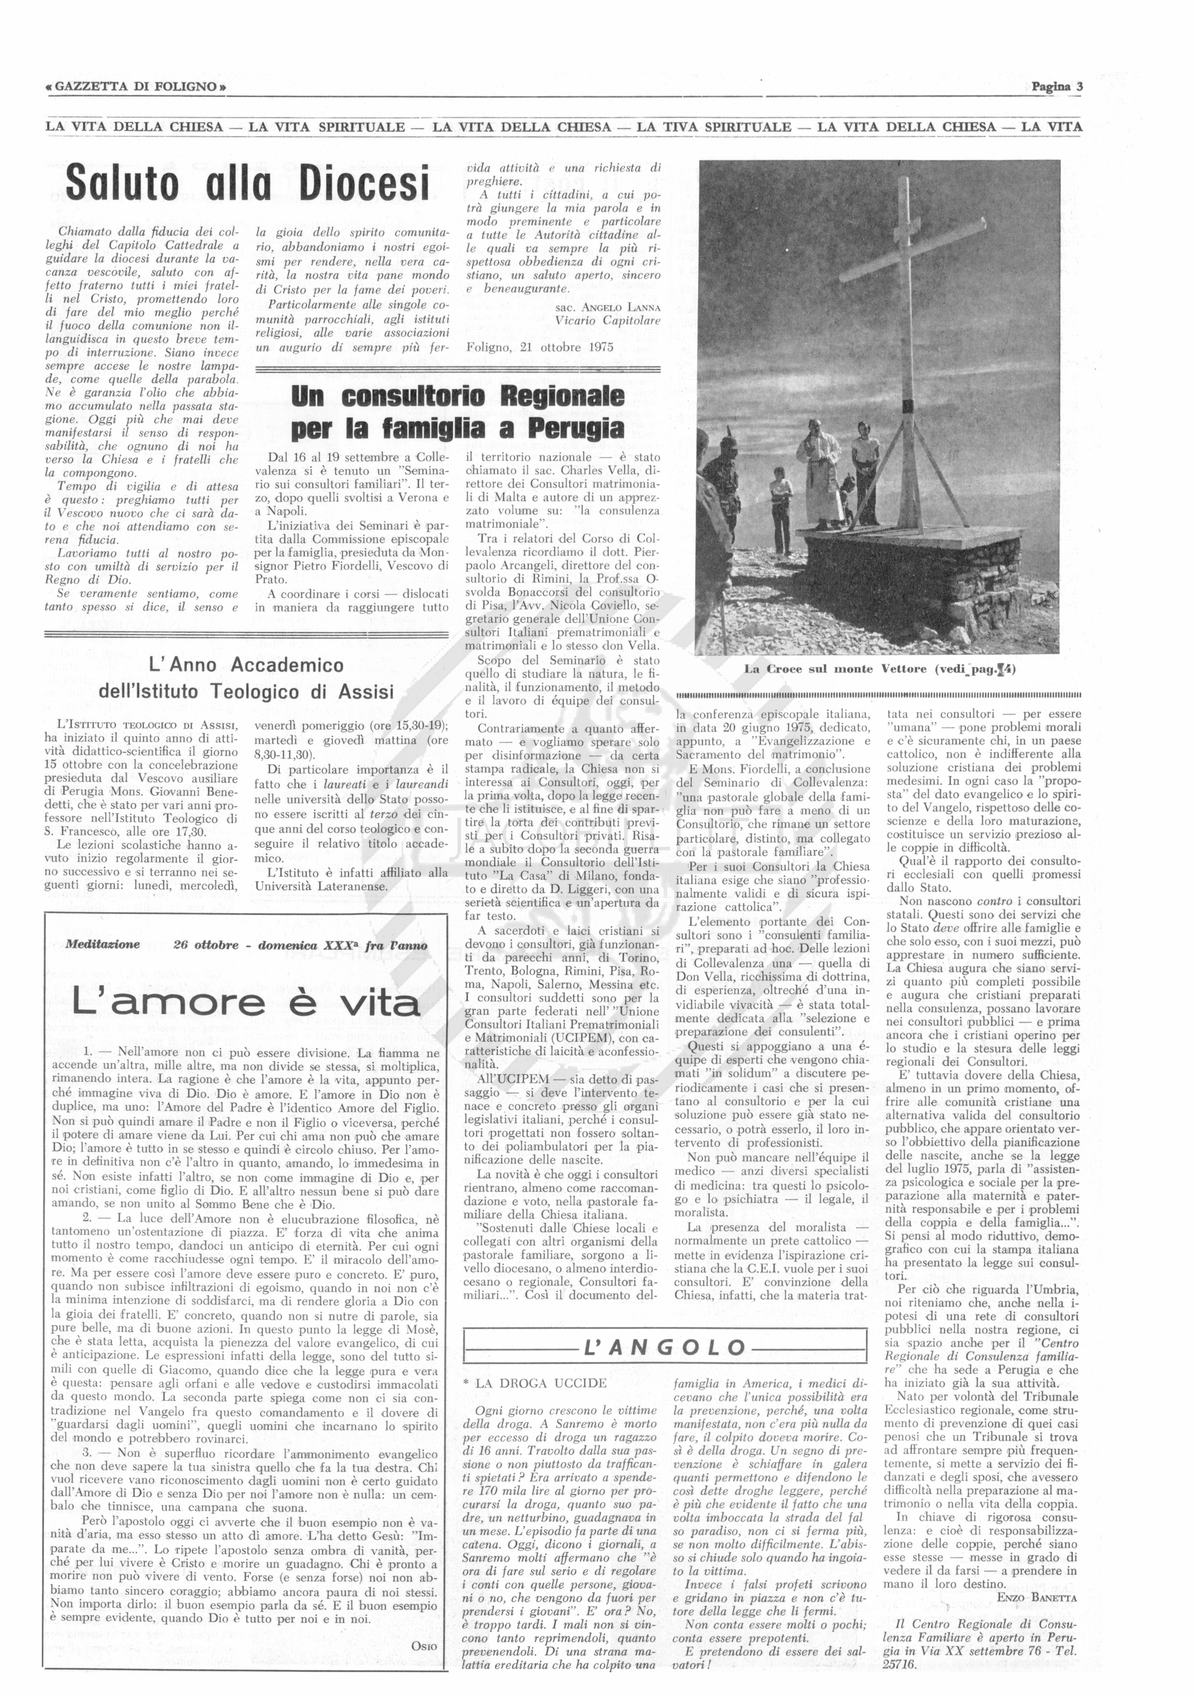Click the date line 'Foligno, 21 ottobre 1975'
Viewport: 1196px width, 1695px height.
[540, 347]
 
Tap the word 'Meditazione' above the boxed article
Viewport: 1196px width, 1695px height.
[103, 944]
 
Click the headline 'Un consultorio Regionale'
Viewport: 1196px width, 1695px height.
[458, 397]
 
